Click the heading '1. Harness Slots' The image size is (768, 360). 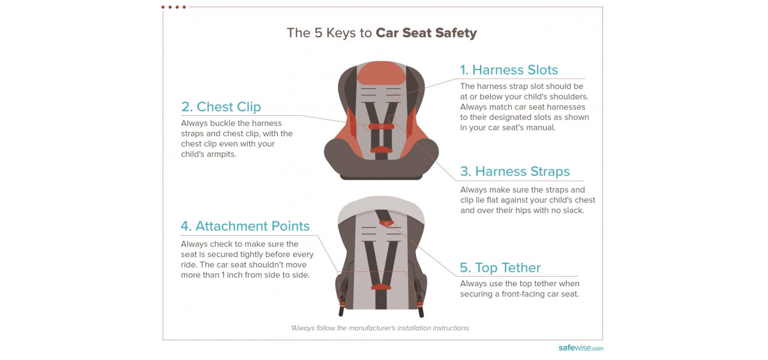pos(509,70)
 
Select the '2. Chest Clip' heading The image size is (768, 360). pos(221,107)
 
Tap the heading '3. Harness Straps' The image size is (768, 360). pos(515,172)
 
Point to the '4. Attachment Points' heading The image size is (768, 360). pos(245,226)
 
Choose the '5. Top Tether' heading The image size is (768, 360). pos(500,268)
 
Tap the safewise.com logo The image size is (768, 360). pos(581,348)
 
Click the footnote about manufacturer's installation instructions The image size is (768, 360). pos(380,328)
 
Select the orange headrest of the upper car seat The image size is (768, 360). pos(381,73)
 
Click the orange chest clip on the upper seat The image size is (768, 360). pos(381,127)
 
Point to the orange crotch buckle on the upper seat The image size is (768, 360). pos(381,149)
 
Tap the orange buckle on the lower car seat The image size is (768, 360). pos(381,287)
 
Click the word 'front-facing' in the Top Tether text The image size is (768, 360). pos(524,294)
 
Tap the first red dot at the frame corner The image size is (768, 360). pos(163,7)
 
